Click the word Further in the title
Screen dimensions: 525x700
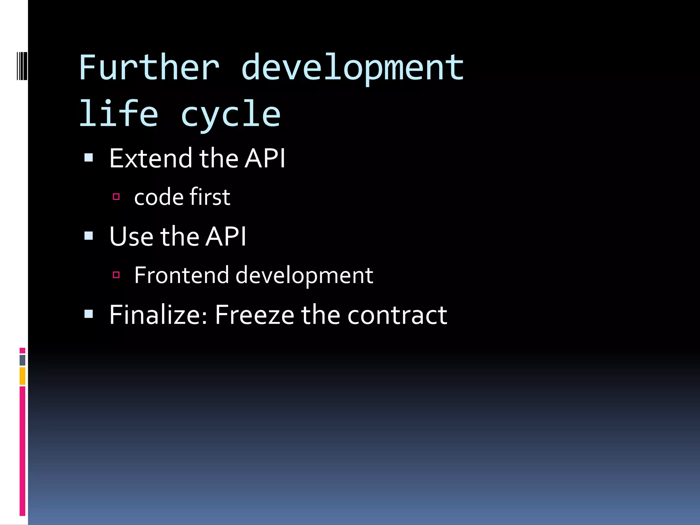pos(149,68)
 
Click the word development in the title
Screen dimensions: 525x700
pos(352,68)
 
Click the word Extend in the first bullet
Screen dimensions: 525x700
pos(151,159)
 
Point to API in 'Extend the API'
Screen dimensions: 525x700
pos(265,159)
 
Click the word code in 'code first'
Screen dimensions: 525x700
pos(159,198)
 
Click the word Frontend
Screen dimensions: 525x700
pos(181,275)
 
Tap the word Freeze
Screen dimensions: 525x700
pos(254,315)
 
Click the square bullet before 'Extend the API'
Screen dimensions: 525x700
pos(89,158)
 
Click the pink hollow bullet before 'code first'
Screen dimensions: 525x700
pos(116,197)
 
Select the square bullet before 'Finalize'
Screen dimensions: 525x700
pos(89,314)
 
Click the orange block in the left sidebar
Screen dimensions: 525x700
pos(23,376)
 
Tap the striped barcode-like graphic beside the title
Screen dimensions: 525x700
pos(22,66)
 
